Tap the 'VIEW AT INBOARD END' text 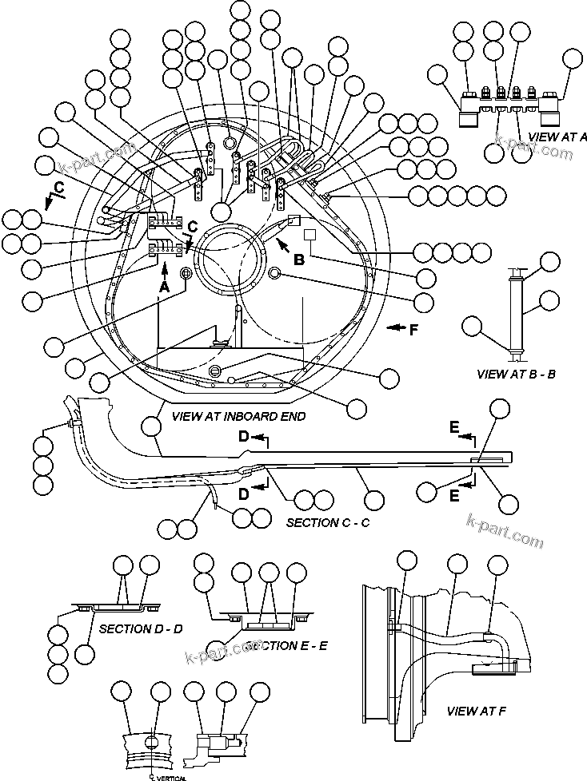pyautogui.click(x=226, y=416)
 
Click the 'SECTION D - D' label pyautogui.click(x=141, y=628)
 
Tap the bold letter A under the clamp pyautogui.click(x=164, y=285)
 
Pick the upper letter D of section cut pyautogui.click(x=245, y=435)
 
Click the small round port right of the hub pyautogui.click(x=275, y=273)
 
